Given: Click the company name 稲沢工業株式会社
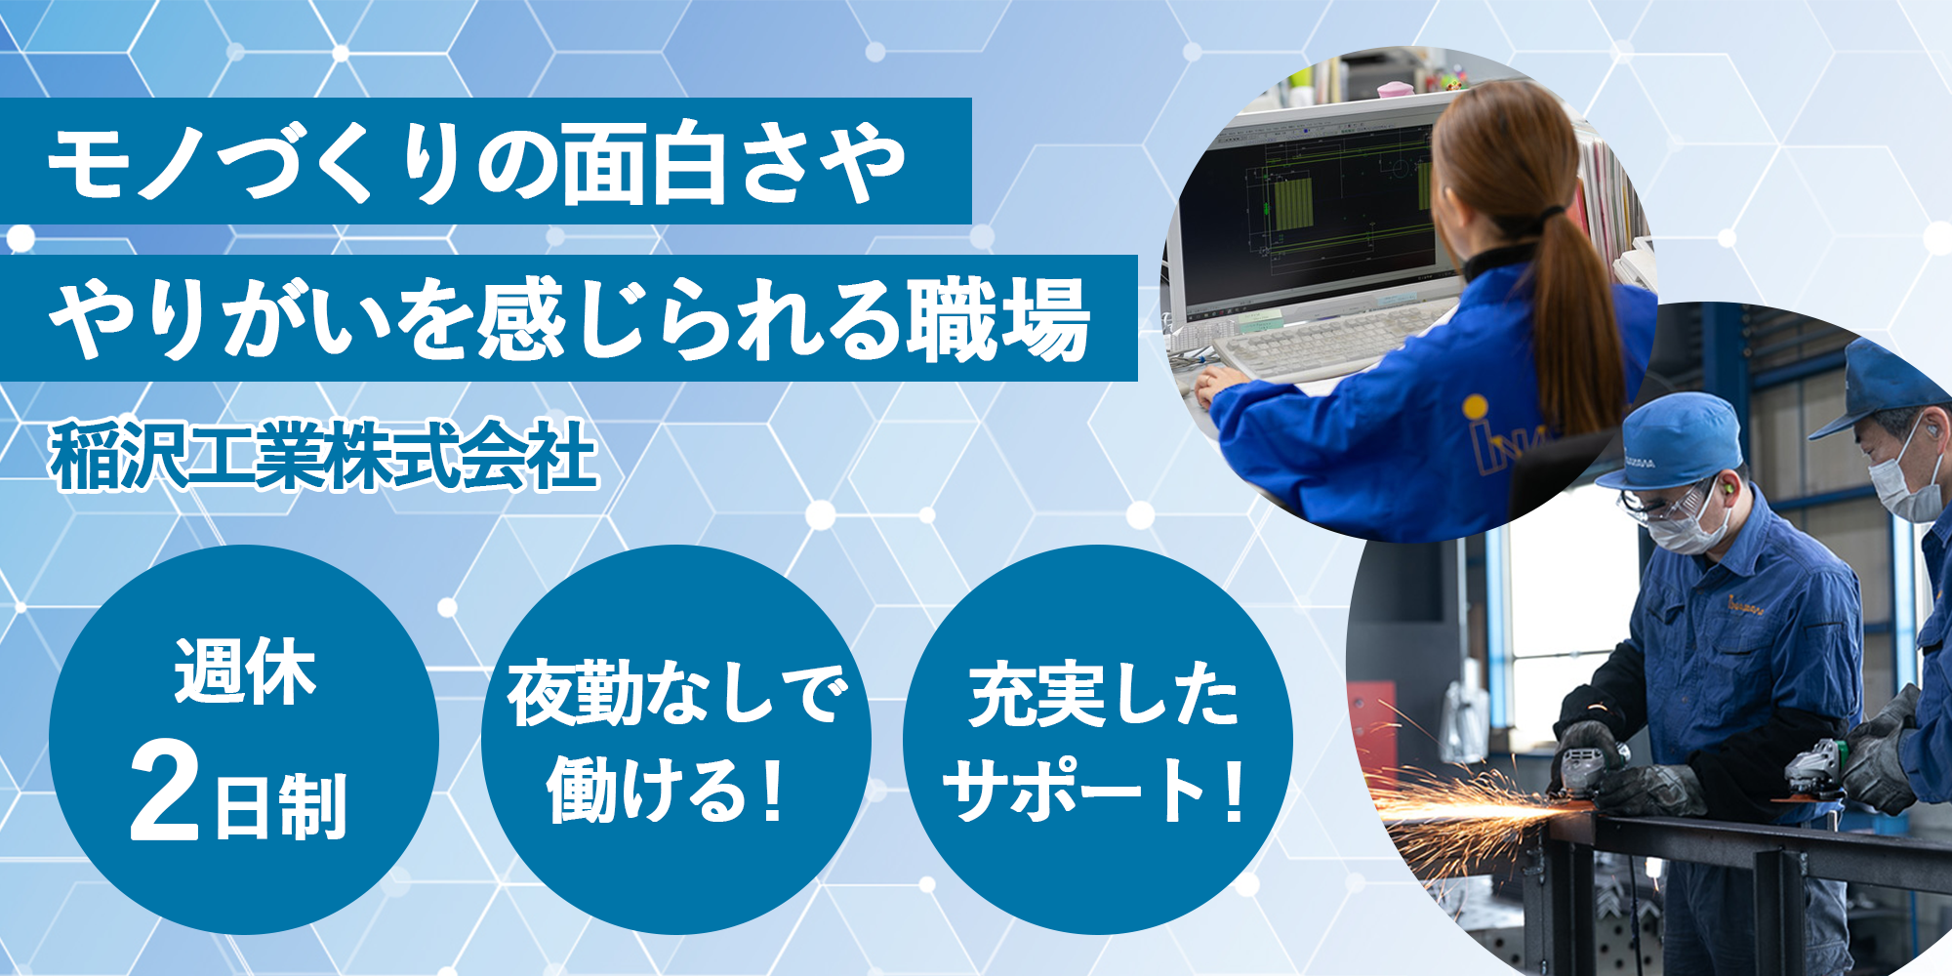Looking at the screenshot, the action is [x=324, y=455].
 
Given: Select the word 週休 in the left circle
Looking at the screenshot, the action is [x=245, y=671].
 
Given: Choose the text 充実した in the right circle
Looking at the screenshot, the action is [x=1104, y=694].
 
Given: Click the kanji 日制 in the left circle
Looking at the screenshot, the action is [x=280, y=806].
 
